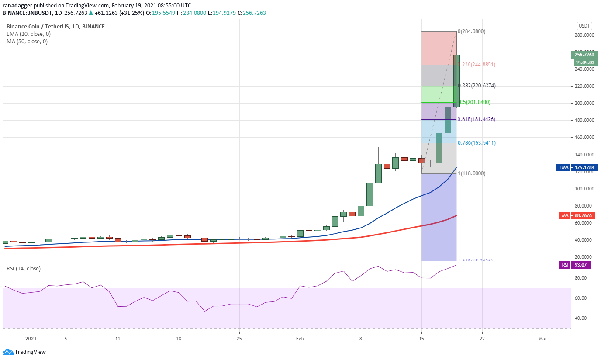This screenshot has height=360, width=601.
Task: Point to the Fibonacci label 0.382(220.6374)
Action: [x=477, y=86]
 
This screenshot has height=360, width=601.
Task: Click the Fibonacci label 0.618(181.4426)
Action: [x=477, y=119]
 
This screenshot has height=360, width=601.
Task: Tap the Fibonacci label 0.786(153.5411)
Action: [x=477, y=143]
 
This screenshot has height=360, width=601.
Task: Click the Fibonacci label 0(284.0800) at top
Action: [x=471, y=31]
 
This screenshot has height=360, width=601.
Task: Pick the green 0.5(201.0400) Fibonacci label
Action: [x=474, y=102]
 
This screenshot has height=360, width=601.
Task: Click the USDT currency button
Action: [x=584, y=26]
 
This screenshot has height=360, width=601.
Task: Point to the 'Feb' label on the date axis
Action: [x=300, y=338]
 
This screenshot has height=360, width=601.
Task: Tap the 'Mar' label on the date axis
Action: [x=543, y=338]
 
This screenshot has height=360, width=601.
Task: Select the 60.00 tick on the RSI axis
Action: [x=581, y=298]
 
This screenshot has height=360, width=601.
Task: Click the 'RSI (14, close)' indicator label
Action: [x=24, y=269]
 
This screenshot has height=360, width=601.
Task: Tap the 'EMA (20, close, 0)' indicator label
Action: [x=28, y=34]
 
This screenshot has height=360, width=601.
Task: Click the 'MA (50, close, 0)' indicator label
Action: [x=27, y=42]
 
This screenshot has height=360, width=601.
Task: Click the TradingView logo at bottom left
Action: [x=24, y=352]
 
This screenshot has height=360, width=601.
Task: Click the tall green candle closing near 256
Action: [x=456, y=81]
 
